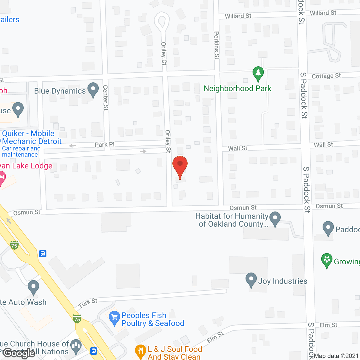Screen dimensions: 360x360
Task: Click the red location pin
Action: point(180,166)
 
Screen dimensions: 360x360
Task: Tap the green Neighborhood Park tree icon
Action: point(258,74)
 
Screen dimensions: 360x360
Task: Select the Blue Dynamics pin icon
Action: point(93,90)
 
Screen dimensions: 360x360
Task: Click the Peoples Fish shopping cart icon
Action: point(114,318)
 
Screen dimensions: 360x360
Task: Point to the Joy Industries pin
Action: point(251,280)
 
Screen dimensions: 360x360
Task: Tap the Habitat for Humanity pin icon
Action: point(275,219)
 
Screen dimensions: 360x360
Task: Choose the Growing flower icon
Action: point(327,261)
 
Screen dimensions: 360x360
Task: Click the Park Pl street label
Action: point(105,145)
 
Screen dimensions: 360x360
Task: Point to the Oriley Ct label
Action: point(164,53)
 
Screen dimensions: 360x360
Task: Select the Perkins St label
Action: point(217,45)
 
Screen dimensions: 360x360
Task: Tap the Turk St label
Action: point(88,303)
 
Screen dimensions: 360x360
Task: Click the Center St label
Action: point(105,98)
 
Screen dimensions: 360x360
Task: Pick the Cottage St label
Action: point(326,76)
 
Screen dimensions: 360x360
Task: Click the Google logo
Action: point(19,353)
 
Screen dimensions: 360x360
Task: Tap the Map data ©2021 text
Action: point(336,356)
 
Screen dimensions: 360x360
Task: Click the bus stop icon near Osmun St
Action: point(43,254)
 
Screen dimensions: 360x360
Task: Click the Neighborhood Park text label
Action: point(237,89)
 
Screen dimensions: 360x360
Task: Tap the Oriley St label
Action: point(168,141)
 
